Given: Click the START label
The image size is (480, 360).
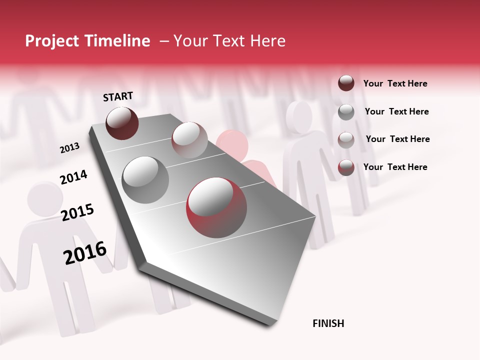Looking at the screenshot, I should click(118, 96).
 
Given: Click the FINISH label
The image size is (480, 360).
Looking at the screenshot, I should click(328, 323).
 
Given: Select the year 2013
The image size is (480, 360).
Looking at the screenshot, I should click(69, 148).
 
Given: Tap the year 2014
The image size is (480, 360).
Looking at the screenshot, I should click(73, 177).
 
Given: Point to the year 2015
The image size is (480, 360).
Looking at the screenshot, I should click(77, 212).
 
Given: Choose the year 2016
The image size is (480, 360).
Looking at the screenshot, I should click(85, 252).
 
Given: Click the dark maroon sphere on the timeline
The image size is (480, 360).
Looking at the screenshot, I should click(122, 123).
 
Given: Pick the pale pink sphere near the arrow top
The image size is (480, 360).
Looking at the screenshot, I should click(189, 139).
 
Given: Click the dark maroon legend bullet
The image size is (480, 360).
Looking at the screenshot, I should click(346, 83).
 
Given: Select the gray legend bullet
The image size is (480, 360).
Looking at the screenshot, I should click(346, 112).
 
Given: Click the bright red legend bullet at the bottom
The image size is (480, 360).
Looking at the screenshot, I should click(346, 167).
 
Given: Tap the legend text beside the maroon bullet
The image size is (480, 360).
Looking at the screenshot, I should click(395, 83).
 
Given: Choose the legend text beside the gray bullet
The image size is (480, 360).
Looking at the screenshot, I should click(396, 111).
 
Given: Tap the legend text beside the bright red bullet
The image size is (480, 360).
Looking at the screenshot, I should click(395, 167).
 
